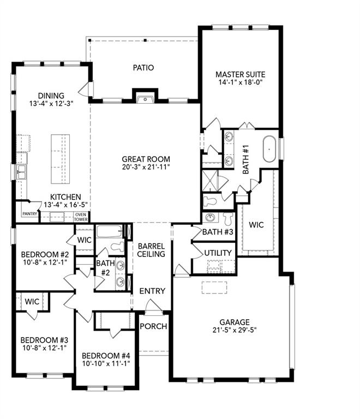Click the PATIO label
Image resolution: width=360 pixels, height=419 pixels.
tap(143, 68)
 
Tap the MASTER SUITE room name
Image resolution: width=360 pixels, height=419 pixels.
tap(239, 75)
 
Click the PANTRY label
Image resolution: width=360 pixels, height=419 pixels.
tap(30, 214)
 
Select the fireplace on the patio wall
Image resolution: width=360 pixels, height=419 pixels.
tap(145, 98)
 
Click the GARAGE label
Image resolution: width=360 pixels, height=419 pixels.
tap(235, 322)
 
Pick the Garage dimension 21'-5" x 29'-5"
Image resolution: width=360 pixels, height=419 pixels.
tap(235, 330)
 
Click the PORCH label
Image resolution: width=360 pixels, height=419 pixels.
tap(153, 326)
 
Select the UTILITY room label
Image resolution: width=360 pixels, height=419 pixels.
tap(218, 253)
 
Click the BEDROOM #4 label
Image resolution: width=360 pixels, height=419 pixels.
tap(104, 355)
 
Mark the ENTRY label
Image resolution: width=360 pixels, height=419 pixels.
tap(152, 291)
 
